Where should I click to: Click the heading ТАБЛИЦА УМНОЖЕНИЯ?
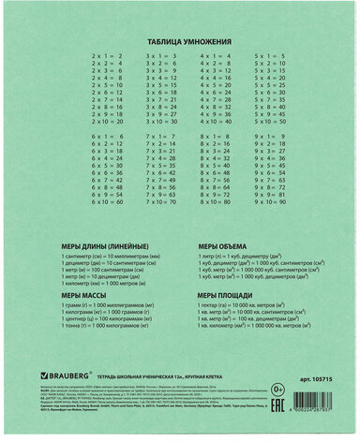(179, 43)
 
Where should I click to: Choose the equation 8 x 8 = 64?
(215, 184)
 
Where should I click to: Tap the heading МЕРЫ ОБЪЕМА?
(220, 246)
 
